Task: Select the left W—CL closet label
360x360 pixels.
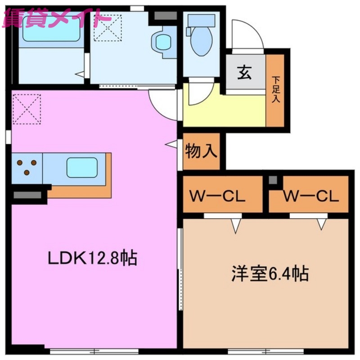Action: point(217,197)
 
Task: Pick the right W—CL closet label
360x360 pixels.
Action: point(310,197)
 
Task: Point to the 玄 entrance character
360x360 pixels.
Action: point(245,72)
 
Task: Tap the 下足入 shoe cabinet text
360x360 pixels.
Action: point(275,90)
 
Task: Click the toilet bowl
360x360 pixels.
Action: point(201,43)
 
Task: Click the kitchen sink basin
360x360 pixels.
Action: point(82,167)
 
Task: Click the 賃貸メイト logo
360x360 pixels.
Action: point(56,19)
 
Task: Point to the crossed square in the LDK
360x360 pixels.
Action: point(27,108)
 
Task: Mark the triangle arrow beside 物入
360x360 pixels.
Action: point(171,144)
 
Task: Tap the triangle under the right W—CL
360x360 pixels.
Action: point(321,224)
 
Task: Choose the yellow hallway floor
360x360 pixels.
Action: point(225,110)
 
